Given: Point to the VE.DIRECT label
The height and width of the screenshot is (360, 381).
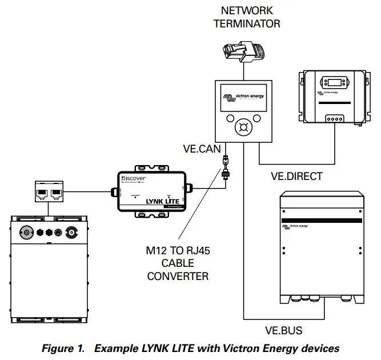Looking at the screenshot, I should pos(296,177).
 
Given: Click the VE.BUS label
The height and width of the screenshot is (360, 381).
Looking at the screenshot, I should pos(284,330).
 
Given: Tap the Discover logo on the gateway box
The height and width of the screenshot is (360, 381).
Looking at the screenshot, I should pos(135,179).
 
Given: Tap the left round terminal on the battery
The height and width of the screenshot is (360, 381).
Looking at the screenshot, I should pos(26,233).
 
